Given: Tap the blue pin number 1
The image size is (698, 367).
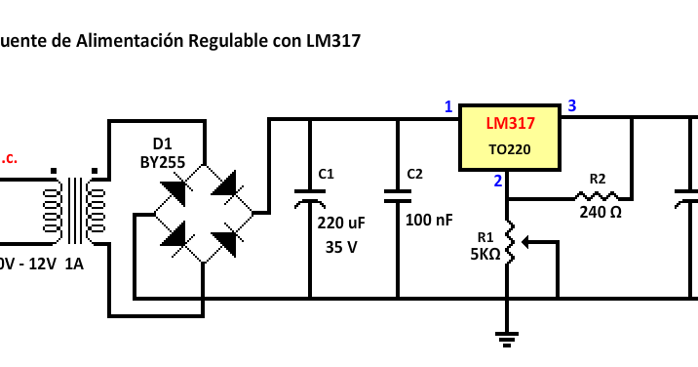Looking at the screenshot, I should tap(448, 106).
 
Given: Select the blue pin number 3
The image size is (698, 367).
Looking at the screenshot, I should tap(572, 106).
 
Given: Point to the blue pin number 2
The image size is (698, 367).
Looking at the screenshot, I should tap(498, 181).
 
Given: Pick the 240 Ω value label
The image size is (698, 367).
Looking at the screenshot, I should tap(601, 212).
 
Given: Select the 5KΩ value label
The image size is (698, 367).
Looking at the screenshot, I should tap(485, 254).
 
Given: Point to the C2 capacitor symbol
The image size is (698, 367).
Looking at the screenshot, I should tap(398, 195).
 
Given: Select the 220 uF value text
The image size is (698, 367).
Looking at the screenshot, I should tap(341, 223).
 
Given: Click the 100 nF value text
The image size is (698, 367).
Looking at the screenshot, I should tap(429, 221).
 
